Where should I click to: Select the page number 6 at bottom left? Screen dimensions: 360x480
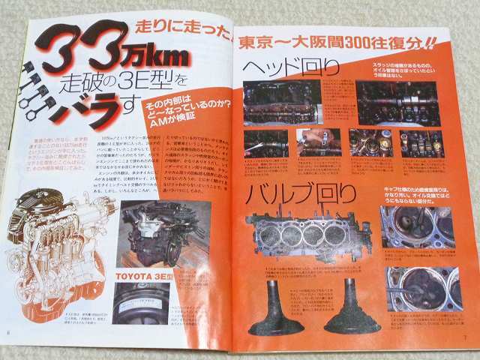tap(8, 333)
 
